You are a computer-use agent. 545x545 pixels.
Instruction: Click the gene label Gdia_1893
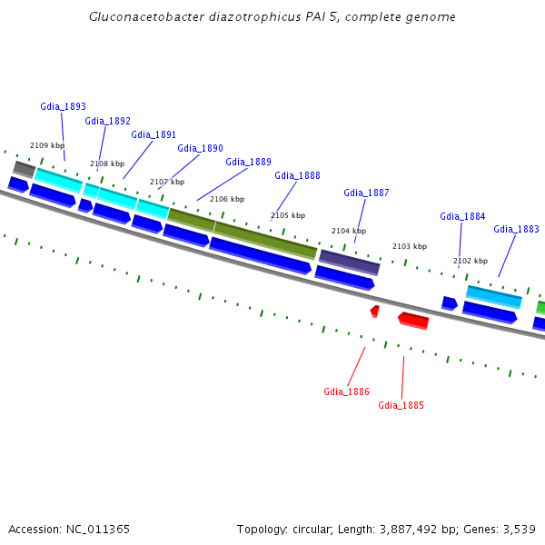click(63, 106)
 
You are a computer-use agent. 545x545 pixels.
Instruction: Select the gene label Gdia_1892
click(107, 121)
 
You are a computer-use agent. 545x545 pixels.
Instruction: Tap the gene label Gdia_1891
click(154, 134)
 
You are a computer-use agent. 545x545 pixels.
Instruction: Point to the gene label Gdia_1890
click(200, 148)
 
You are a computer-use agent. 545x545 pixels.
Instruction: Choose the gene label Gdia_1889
click(248, 162)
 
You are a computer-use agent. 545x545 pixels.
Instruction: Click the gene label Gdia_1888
click(297, 175)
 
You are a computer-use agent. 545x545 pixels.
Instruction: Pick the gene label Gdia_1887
click(366, 193)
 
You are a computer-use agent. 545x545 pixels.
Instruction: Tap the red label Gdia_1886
click(346, 391)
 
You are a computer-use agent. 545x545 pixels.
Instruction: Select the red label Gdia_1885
click(401, 405)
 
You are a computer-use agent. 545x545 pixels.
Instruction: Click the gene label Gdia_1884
click(462, 216)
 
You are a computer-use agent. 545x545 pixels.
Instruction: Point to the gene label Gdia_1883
click(516, 229)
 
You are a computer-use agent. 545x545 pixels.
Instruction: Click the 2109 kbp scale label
click(47, 145)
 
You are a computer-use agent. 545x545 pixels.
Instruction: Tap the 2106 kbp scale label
click(227, 199)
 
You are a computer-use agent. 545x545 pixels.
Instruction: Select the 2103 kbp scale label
click(409, 246)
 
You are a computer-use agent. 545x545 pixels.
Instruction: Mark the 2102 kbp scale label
click(471, 261)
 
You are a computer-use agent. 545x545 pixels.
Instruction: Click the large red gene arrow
click(413, 320)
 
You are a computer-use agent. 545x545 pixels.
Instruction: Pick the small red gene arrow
click(374, 311)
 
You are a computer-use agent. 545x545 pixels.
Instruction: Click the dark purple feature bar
click(349, 261)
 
